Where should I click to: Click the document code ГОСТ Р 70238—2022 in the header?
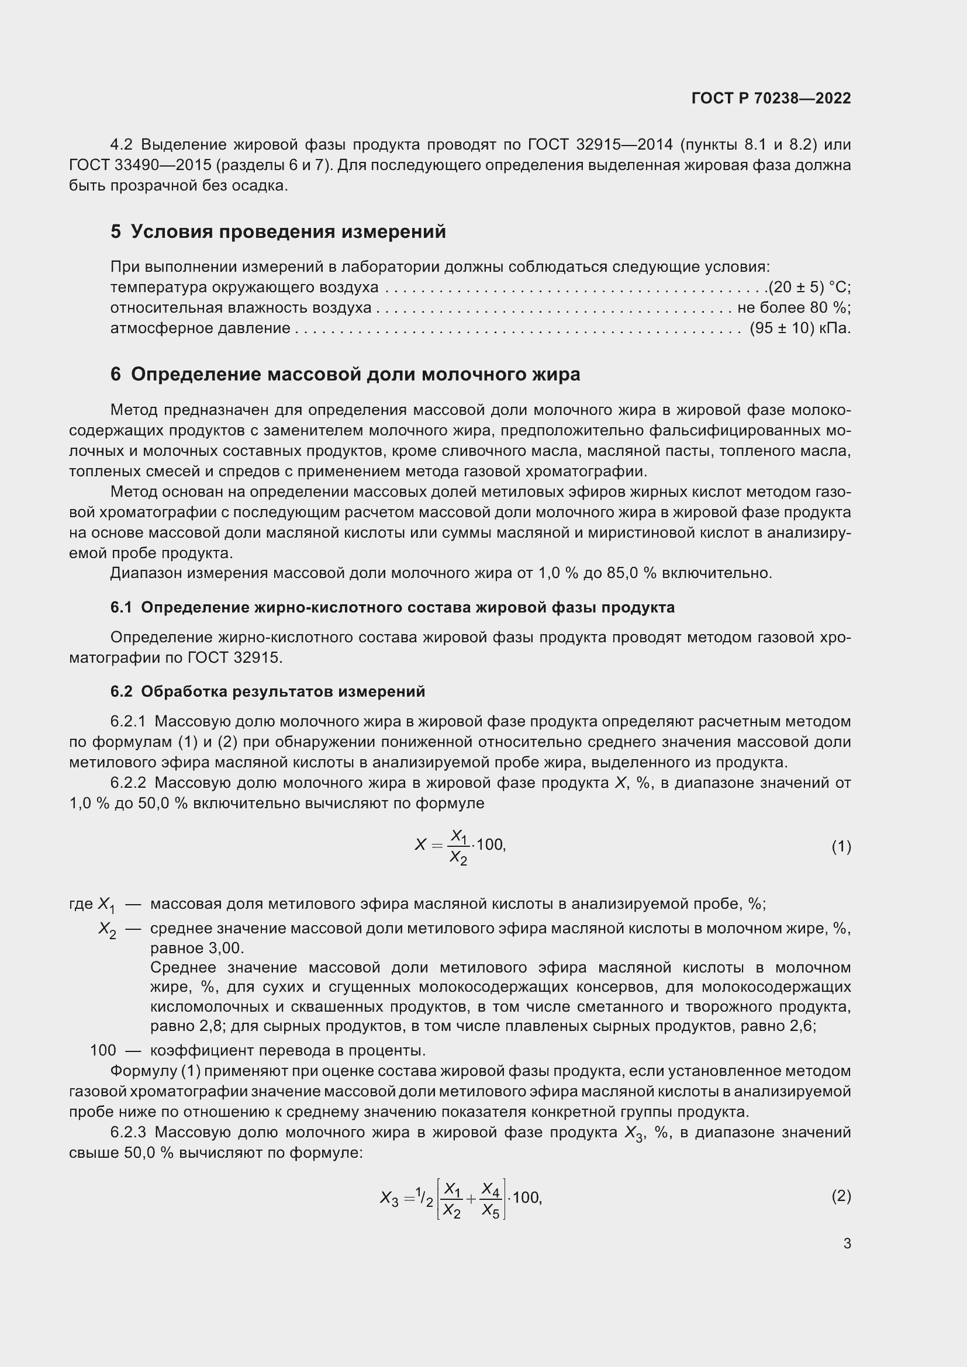pyautogui.click(x=771, y=98)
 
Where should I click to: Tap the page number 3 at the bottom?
pyautogui.click(x=847, y=1243)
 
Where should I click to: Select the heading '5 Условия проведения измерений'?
pyautogui.click(x=278, y=231)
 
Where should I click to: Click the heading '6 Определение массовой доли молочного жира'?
pyautogui.click(x=346, y=375)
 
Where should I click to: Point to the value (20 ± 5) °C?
pyautogui.click(x=809, y=287)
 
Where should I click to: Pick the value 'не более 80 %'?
pyautogui.click(x=794, y=308)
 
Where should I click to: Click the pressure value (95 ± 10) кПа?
pyautogui.click(x=800, y=328)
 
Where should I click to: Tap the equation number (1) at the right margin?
pyautogui.click(x=841, y=847)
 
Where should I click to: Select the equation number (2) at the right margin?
pyautogui.click(x=841, y=1196)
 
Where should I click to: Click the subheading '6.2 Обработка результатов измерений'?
pyautogui.click(x=268, y=692)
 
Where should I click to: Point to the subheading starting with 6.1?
pyautogui.click(x=392, y=608)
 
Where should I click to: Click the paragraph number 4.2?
pyautogui.click(x=122, y=145)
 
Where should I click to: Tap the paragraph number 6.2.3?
pyautogui.click(x=128, y=1133)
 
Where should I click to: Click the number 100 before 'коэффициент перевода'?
pyautogui.click(x=103, y=1050)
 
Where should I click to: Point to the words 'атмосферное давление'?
pyautogui.click(x=200, y=328)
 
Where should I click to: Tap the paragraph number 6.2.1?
pyautogui.click(x=128, y=722)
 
